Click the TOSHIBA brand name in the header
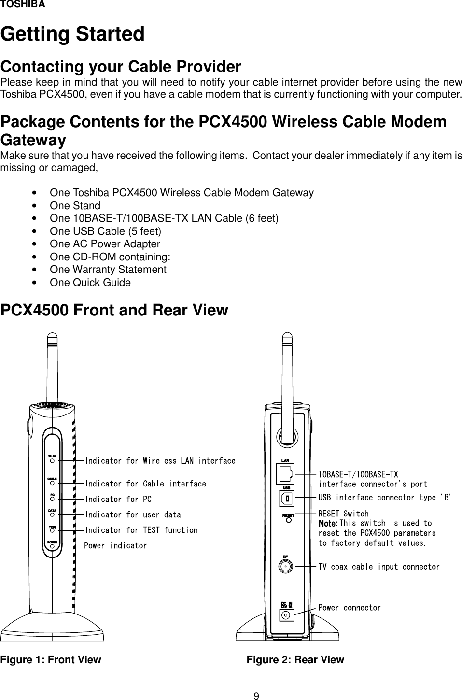23,5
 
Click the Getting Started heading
72,34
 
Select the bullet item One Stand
75,206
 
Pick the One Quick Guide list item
90,283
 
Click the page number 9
257,696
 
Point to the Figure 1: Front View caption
51,660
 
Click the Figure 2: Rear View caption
295,660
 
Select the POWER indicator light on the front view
52,547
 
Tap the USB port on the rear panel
287,498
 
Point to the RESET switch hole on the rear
288,521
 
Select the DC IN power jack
286,615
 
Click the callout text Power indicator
115,546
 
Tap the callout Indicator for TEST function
141,530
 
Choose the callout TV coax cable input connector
379,567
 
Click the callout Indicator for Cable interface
145,484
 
